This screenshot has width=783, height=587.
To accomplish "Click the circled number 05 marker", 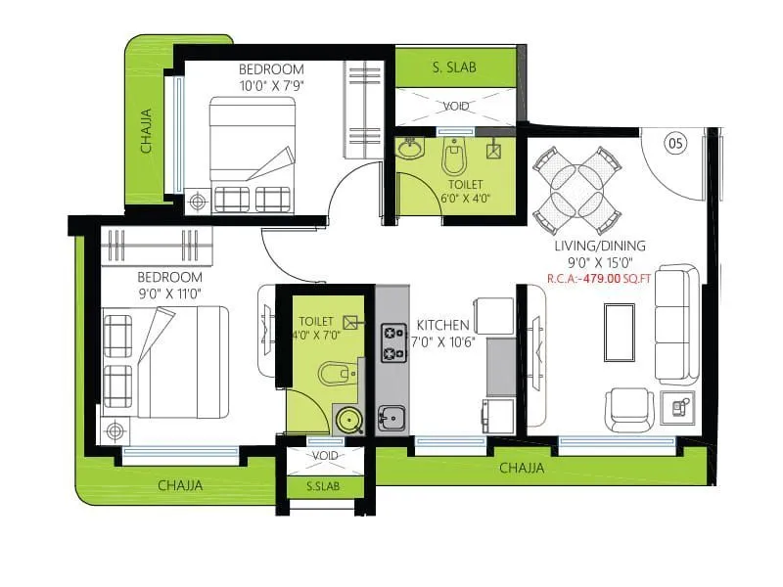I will coord(674,144).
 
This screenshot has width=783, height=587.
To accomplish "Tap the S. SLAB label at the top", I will coord(453,68).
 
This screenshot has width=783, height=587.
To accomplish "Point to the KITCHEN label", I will coord(443,325).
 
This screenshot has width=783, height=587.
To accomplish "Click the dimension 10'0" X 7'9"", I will coord(271,86).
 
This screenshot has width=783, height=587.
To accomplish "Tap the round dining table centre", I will coord(576,185).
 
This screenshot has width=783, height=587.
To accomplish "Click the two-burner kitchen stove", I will coord(393,341).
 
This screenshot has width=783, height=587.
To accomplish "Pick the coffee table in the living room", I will coord(620,334).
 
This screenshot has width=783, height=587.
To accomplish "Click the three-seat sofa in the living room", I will coord(676,323).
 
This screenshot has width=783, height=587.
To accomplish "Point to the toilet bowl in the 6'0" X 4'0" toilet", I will coord(452,156).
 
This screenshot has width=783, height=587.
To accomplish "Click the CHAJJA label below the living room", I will coord(522,469).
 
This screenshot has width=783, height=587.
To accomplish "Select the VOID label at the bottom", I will coord(325,457).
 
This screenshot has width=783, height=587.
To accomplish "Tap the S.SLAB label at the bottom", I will coord(323,486).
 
